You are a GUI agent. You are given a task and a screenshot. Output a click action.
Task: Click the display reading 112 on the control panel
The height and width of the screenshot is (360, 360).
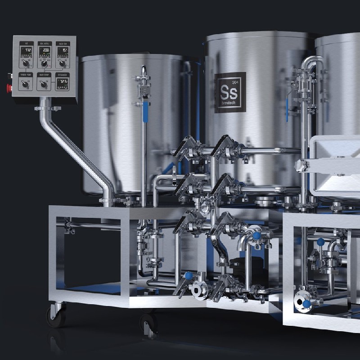pos(27,49)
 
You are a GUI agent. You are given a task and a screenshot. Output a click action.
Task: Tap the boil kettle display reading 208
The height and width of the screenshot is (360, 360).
pos(44,49)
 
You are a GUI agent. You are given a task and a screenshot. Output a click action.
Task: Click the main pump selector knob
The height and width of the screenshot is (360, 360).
pos(44,84)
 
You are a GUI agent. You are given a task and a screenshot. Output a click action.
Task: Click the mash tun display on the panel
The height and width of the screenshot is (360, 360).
pos(63,49)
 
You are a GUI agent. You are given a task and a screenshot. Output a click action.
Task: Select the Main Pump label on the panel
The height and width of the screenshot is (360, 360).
pos(44,75)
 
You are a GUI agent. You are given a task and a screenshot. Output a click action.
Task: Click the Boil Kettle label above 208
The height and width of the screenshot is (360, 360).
pos(44,44)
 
